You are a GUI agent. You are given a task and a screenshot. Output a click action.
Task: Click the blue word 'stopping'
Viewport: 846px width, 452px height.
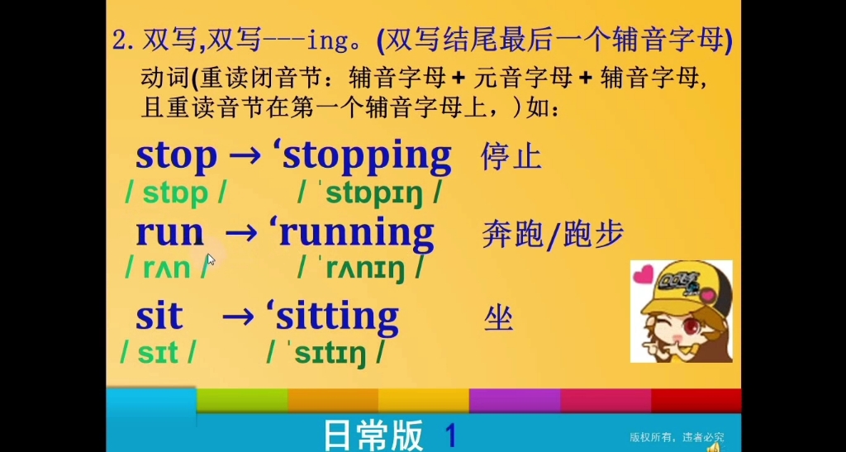(367, 156)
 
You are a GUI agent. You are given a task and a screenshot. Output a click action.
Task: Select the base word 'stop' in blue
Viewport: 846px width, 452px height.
(176, 156)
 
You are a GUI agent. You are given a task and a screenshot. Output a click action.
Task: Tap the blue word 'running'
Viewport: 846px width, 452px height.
(356, 234)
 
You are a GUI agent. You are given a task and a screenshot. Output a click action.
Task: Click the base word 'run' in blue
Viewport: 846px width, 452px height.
(169, 234)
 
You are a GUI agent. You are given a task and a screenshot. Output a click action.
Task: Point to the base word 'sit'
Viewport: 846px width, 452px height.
(159, 316)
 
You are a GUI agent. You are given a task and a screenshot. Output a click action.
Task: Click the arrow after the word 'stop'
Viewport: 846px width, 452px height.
(245, 156)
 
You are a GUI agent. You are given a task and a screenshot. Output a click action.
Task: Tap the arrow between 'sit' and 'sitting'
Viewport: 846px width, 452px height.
(238, 316)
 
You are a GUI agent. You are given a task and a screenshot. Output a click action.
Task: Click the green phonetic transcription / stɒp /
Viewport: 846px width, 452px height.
(176, 194)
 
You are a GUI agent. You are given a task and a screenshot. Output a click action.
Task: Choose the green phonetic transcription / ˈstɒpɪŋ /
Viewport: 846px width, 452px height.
(368, 194)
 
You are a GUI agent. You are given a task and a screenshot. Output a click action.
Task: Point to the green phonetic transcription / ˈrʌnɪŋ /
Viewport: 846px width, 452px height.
(362, 269)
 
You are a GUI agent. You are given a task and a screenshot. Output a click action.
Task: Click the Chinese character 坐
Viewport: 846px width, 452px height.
(498, 317)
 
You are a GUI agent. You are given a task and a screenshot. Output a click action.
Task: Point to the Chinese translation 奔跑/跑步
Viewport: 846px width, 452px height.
(552, 236)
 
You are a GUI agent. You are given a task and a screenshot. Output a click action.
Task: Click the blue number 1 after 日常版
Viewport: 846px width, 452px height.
(451, 433)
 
